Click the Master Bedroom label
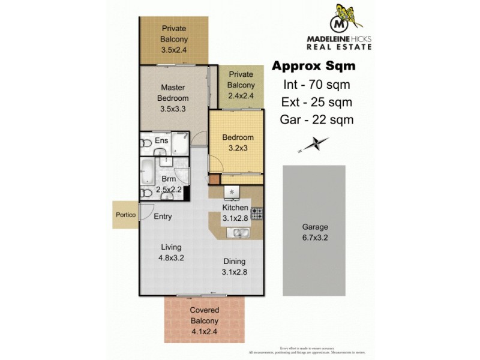173,98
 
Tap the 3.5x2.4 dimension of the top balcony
173,50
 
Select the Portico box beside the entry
125,214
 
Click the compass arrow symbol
314,145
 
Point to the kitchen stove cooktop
257,212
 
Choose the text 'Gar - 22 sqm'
316,119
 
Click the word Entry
164,217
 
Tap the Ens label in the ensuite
161,140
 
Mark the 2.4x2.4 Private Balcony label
240,85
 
